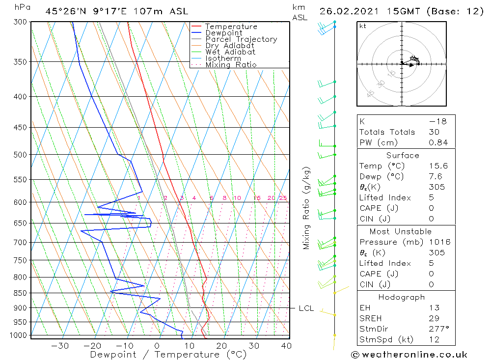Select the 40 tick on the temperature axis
286,346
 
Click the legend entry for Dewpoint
224,33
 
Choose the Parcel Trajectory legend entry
241,39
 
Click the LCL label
306,308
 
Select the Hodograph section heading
402,297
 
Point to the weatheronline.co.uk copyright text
409,355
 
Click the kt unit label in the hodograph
362,26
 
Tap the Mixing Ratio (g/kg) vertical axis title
306,208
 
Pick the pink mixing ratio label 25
283,198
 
